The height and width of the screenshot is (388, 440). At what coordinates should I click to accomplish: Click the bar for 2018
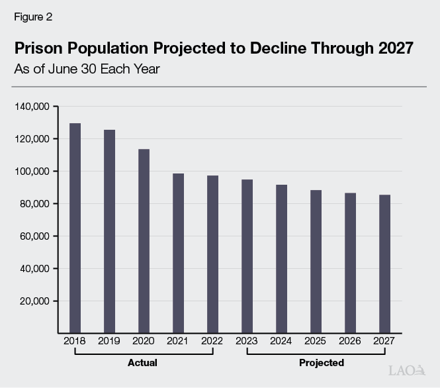[75, 227]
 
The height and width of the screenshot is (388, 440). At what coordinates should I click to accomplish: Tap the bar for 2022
[212, 254]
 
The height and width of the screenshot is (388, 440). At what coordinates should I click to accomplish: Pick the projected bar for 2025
[316, 261]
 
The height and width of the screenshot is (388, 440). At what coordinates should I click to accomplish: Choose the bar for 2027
[384, 263]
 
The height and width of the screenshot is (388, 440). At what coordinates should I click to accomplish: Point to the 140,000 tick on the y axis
[32, 107]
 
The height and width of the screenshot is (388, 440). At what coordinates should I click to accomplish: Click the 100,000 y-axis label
[32, 171]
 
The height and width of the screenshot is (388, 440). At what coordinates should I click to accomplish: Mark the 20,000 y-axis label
[34, 301]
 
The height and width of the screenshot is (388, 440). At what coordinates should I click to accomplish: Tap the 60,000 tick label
[34, 236]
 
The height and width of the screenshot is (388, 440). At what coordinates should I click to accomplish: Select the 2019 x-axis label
[109, 342]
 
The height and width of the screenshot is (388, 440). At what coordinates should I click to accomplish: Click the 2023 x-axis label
[247, 342]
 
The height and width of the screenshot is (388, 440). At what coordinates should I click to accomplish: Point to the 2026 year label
[350, 342]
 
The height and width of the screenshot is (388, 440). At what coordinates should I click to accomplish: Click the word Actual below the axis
[142, 363]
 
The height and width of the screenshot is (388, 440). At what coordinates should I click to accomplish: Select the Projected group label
[321, 363]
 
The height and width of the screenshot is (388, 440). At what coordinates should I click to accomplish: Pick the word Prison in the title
[38, 48]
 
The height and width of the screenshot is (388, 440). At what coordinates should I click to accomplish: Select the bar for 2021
[178, 252]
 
